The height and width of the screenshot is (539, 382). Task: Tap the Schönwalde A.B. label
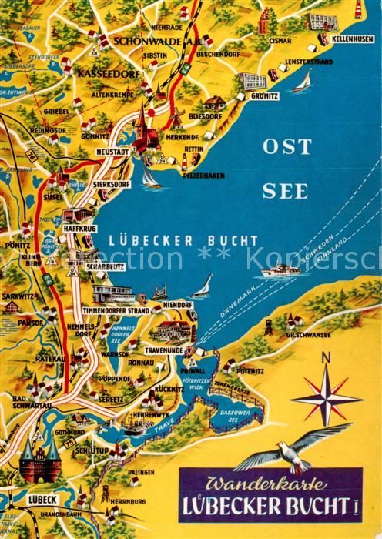click(x=149, y=40)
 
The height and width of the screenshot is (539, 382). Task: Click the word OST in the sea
click(x=286, y=146)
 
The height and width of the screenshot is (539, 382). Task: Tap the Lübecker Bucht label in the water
click(x=183, y=240)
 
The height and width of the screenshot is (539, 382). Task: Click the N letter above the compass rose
click(x=325, y=356)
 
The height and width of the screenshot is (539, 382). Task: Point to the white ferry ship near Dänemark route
click(x=280, y=271)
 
